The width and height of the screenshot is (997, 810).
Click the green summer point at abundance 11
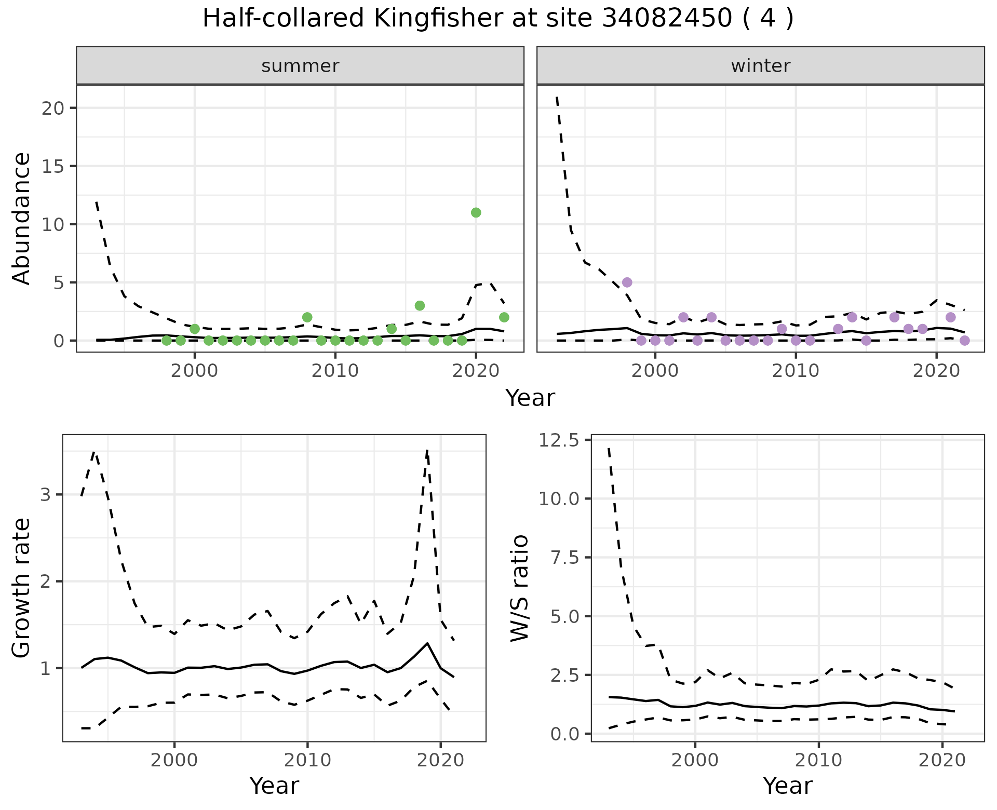coord(476,212)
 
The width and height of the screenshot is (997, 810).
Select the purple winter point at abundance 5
coord(627,282)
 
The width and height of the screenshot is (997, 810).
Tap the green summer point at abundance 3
coord(420,305)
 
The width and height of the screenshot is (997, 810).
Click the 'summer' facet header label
coord(300,66)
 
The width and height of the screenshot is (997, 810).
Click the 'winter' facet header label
coord(760,66)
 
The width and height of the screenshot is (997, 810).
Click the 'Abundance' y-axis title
coord(22,218)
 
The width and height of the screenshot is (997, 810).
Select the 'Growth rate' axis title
coord(22,588)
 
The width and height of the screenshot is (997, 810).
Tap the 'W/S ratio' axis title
coord(519,588)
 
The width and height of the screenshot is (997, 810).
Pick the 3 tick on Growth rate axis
coord(45,494)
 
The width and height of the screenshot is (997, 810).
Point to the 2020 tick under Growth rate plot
coord(440,761)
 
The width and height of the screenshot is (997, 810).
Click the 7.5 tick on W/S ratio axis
coord(565,558)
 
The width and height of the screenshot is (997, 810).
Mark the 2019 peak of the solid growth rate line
coord(427,643)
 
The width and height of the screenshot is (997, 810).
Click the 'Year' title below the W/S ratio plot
coord(787,786)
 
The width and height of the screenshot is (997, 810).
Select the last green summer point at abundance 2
coord(504,317)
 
